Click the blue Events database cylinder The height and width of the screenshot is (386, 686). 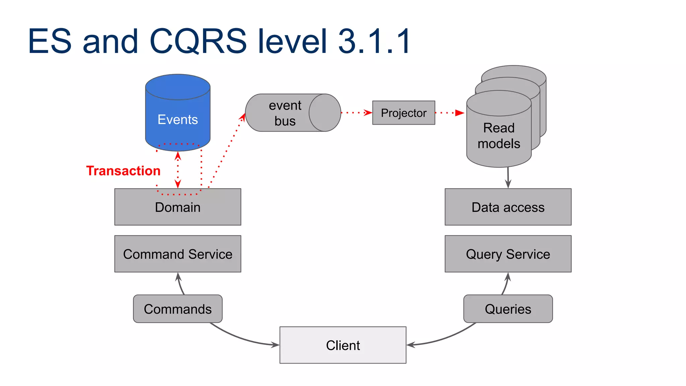(x=178, y=114)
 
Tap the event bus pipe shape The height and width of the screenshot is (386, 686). (x=285, y=113)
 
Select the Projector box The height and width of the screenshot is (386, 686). (x=404, y=113)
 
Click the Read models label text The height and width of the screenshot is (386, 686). (x=499, y=136)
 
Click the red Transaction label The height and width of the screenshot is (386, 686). (x=123, y=171)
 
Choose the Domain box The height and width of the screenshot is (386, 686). (x=178, y=207)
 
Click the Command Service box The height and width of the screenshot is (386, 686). (x=178, y=254)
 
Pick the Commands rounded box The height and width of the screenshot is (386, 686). (x=178, y=309)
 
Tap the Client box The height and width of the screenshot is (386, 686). (x=343, y=345)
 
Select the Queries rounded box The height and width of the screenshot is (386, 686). (x=508, y=309)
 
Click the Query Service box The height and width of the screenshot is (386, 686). (x=508, y=254)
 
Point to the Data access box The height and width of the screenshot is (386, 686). (x=508, y=207)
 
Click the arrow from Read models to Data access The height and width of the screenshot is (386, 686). (x=508, y=178)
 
